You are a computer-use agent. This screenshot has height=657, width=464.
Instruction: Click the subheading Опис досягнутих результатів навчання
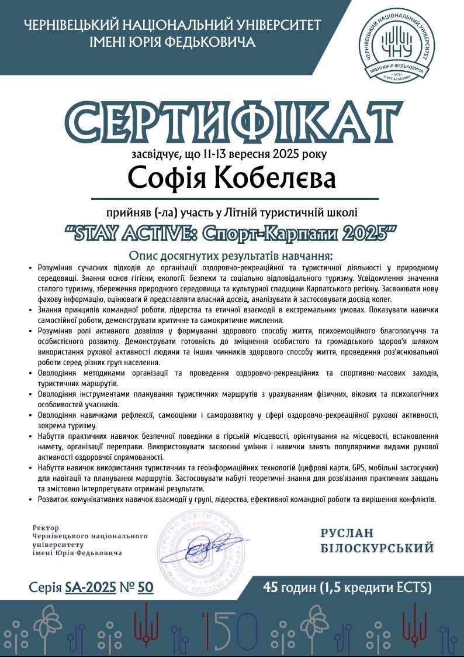coord(231,256)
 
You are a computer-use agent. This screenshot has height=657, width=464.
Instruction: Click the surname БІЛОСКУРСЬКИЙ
coord(378,548)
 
